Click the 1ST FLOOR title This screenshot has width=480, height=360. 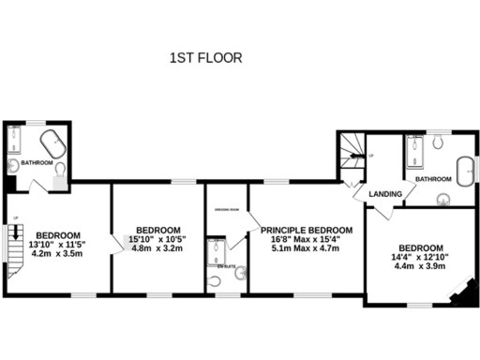205,58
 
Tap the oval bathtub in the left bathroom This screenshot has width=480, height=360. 51,146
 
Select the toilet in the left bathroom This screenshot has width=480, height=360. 60,170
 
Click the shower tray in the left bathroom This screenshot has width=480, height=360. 14,142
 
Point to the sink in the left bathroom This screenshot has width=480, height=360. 12,166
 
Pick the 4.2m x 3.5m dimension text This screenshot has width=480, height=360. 58,253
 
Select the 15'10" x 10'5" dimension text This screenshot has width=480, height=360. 157,240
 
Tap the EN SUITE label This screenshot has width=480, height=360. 227,267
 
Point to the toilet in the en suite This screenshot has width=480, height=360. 241,273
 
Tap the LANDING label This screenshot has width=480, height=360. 386,194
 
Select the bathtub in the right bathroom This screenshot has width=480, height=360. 464,172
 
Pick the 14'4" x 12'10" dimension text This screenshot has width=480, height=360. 419,256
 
